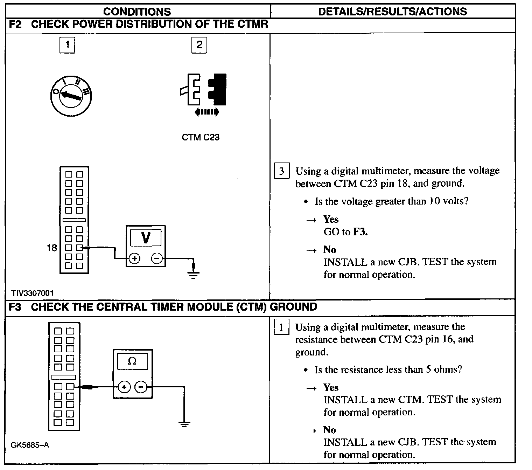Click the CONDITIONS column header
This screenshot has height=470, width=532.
pos(137,12)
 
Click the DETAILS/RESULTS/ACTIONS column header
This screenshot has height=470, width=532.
pos(392,12)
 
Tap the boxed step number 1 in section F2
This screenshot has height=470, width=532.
pos(67,45)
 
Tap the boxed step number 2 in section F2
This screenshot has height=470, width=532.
pos(199,45)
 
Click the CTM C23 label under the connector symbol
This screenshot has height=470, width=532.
pos(201,137)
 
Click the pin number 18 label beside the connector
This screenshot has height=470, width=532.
pos(52,248)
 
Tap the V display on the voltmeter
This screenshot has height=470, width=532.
pos(146,238)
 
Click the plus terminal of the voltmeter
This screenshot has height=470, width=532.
pos(135,258)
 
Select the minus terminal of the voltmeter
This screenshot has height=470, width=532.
pos(157,258)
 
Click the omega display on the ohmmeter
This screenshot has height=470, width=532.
pos(132,361)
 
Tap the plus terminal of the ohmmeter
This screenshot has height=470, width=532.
pos(124,387)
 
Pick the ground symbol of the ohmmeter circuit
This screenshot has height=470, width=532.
pos(184,424)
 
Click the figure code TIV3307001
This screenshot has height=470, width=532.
pos(32,293)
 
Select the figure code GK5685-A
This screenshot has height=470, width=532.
pos(30,445)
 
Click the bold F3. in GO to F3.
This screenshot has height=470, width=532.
pos(360,232)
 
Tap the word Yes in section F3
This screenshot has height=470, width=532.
pos(331,387)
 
